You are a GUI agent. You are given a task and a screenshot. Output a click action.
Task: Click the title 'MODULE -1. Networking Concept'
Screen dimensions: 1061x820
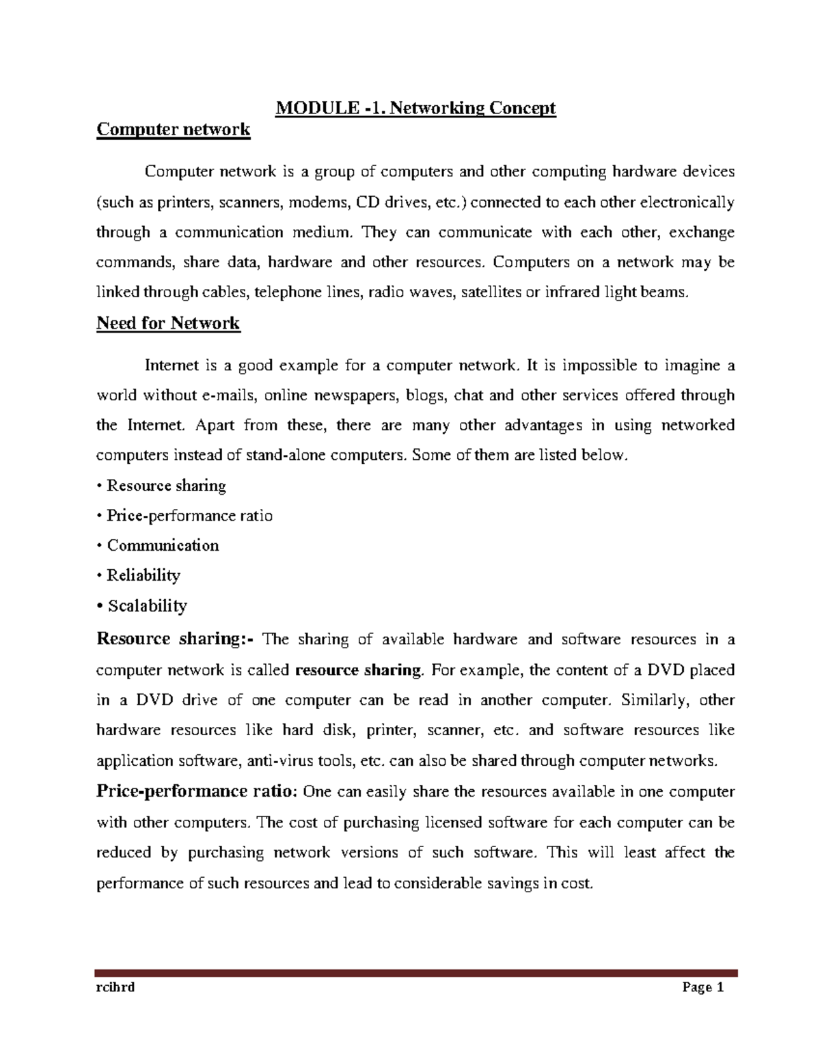point(415,108)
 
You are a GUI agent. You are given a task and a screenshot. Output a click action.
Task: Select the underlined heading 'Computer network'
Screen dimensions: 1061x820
point(173,129)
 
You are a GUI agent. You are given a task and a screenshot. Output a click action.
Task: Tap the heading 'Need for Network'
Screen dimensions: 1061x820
point(168,323)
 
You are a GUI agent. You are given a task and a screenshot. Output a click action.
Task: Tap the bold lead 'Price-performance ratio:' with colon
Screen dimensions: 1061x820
point(197,792)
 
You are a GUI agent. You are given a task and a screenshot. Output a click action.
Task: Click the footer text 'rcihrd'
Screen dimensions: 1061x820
point(115,987)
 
